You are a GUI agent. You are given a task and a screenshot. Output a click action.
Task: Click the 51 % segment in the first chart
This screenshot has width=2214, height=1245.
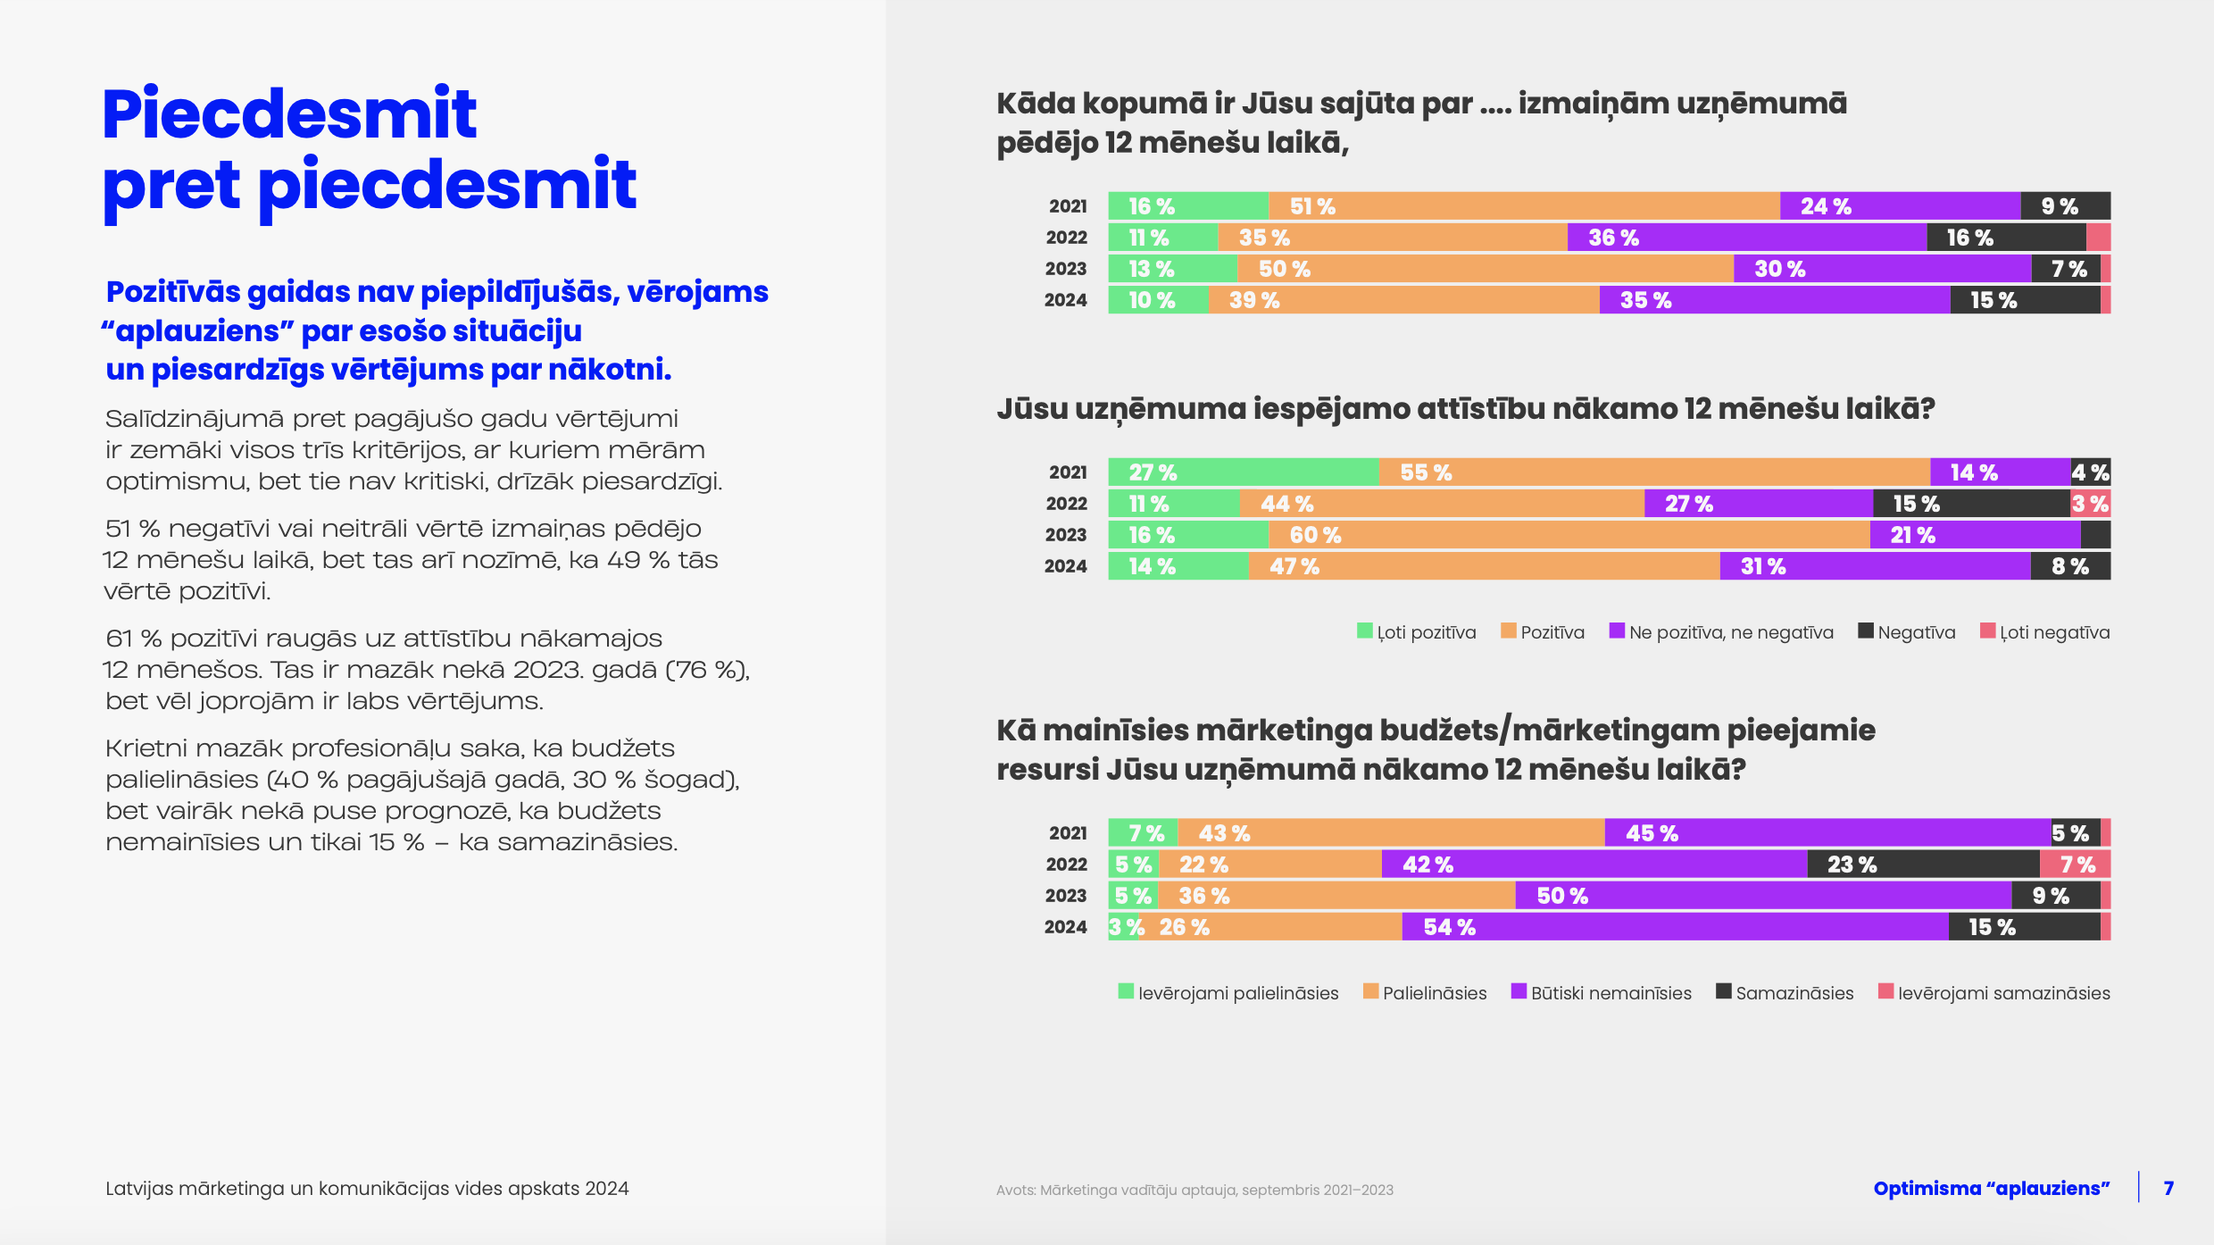[1524, 206]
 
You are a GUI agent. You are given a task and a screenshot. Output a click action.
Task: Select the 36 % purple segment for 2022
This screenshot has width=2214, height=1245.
[1746, 238]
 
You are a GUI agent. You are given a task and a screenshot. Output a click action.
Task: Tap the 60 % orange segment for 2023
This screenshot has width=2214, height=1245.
[1569, 535]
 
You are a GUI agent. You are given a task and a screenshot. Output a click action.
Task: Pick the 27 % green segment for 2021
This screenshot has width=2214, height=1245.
[1243, 472]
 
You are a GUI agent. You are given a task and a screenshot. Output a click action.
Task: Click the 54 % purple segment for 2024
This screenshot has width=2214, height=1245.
[1675, 927]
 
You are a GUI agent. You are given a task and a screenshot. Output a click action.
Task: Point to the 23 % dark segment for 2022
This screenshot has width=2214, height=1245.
[1923, 865]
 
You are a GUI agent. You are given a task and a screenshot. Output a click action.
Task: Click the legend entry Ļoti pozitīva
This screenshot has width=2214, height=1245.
[1417, 632]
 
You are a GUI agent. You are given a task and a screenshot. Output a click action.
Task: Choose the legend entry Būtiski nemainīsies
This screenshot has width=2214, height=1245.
[1602, 993]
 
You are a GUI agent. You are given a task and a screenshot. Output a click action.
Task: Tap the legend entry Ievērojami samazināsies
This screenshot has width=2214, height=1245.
[1994, 993]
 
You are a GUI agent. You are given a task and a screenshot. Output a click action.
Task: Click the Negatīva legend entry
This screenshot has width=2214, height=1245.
[1907, 632]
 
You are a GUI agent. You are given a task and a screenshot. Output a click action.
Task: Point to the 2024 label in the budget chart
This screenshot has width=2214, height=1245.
[1066, 927]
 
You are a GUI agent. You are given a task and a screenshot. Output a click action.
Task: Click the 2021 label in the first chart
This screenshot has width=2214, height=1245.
[1068, 206]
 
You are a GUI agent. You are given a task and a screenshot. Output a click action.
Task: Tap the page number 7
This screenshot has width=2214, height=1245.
[2168, 1188]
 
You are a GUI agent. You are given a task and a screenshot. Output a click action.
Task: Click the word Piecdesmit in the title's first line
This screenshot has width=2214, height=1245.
[289, 114]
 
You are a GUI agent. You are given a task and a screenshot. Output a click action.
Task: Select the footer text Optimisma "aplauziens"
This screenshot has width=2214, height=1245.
[1991, 1188]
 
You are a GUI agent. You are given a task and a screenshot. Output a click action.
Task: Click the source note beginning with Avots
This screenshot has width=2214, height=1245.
[1194, 1190]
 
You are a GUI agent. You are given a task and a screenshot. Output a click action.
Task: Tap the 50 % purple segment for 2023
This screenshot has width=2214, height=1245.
[1763, 896]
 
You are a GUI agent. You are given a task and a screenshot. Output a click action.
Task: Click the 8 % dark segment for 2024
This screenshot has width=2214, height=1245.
[2070, 566]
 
